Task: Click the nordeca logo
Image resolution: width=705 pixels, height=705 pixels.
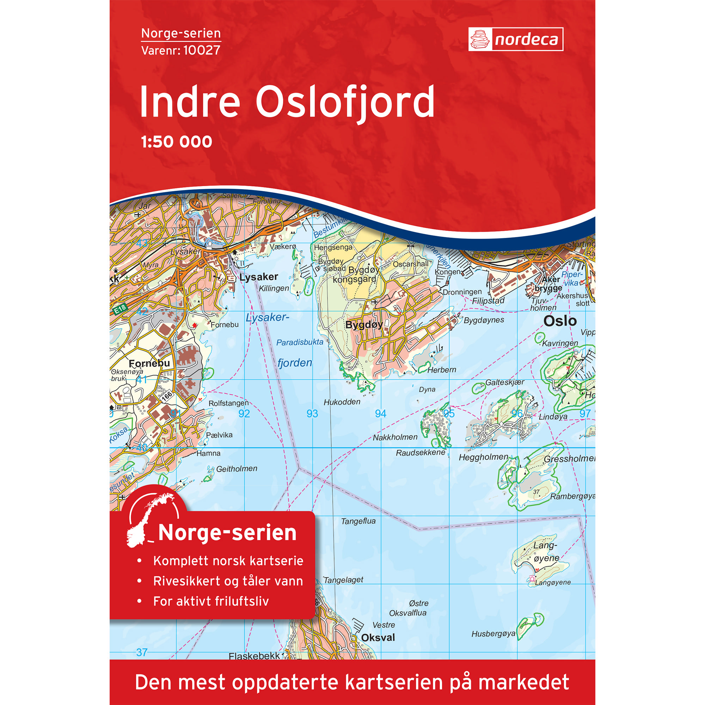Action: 515,39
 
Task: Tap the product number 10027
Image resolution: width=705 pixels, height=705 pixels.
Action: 202,50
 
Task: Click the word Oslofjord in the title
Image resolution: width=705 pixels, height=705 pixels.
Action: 345,102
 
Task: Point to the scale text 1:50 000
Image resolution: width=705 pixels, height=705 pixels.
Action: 177,142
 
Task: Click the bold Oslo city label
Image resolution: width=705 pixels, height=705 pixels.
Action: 560,321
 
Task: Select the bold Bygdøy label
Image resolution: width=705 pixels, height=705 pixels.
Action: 364,324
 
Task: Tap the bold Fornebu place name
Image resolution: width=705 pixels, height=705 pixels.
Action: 149,363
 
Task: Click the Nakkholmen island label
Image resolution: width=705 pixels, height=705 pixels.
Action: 395,437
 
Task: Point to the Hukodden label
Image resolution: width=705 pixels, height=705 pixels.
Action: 342,402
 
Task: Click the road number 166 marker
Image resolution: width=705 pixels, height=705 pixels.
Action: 167,396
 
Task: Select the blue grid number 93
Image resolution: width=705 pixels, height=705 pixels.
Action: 312,413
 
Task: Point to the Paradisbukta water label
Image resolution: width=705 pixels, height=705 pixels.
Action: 300,342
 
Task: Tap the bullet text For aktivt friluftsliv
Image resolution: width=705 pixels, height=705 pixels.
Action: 210,601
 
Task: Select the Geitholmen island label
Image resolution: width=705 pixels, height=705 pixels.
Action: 237,468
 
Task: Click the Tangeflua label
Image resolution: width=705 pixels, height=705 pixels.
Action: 358,521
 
